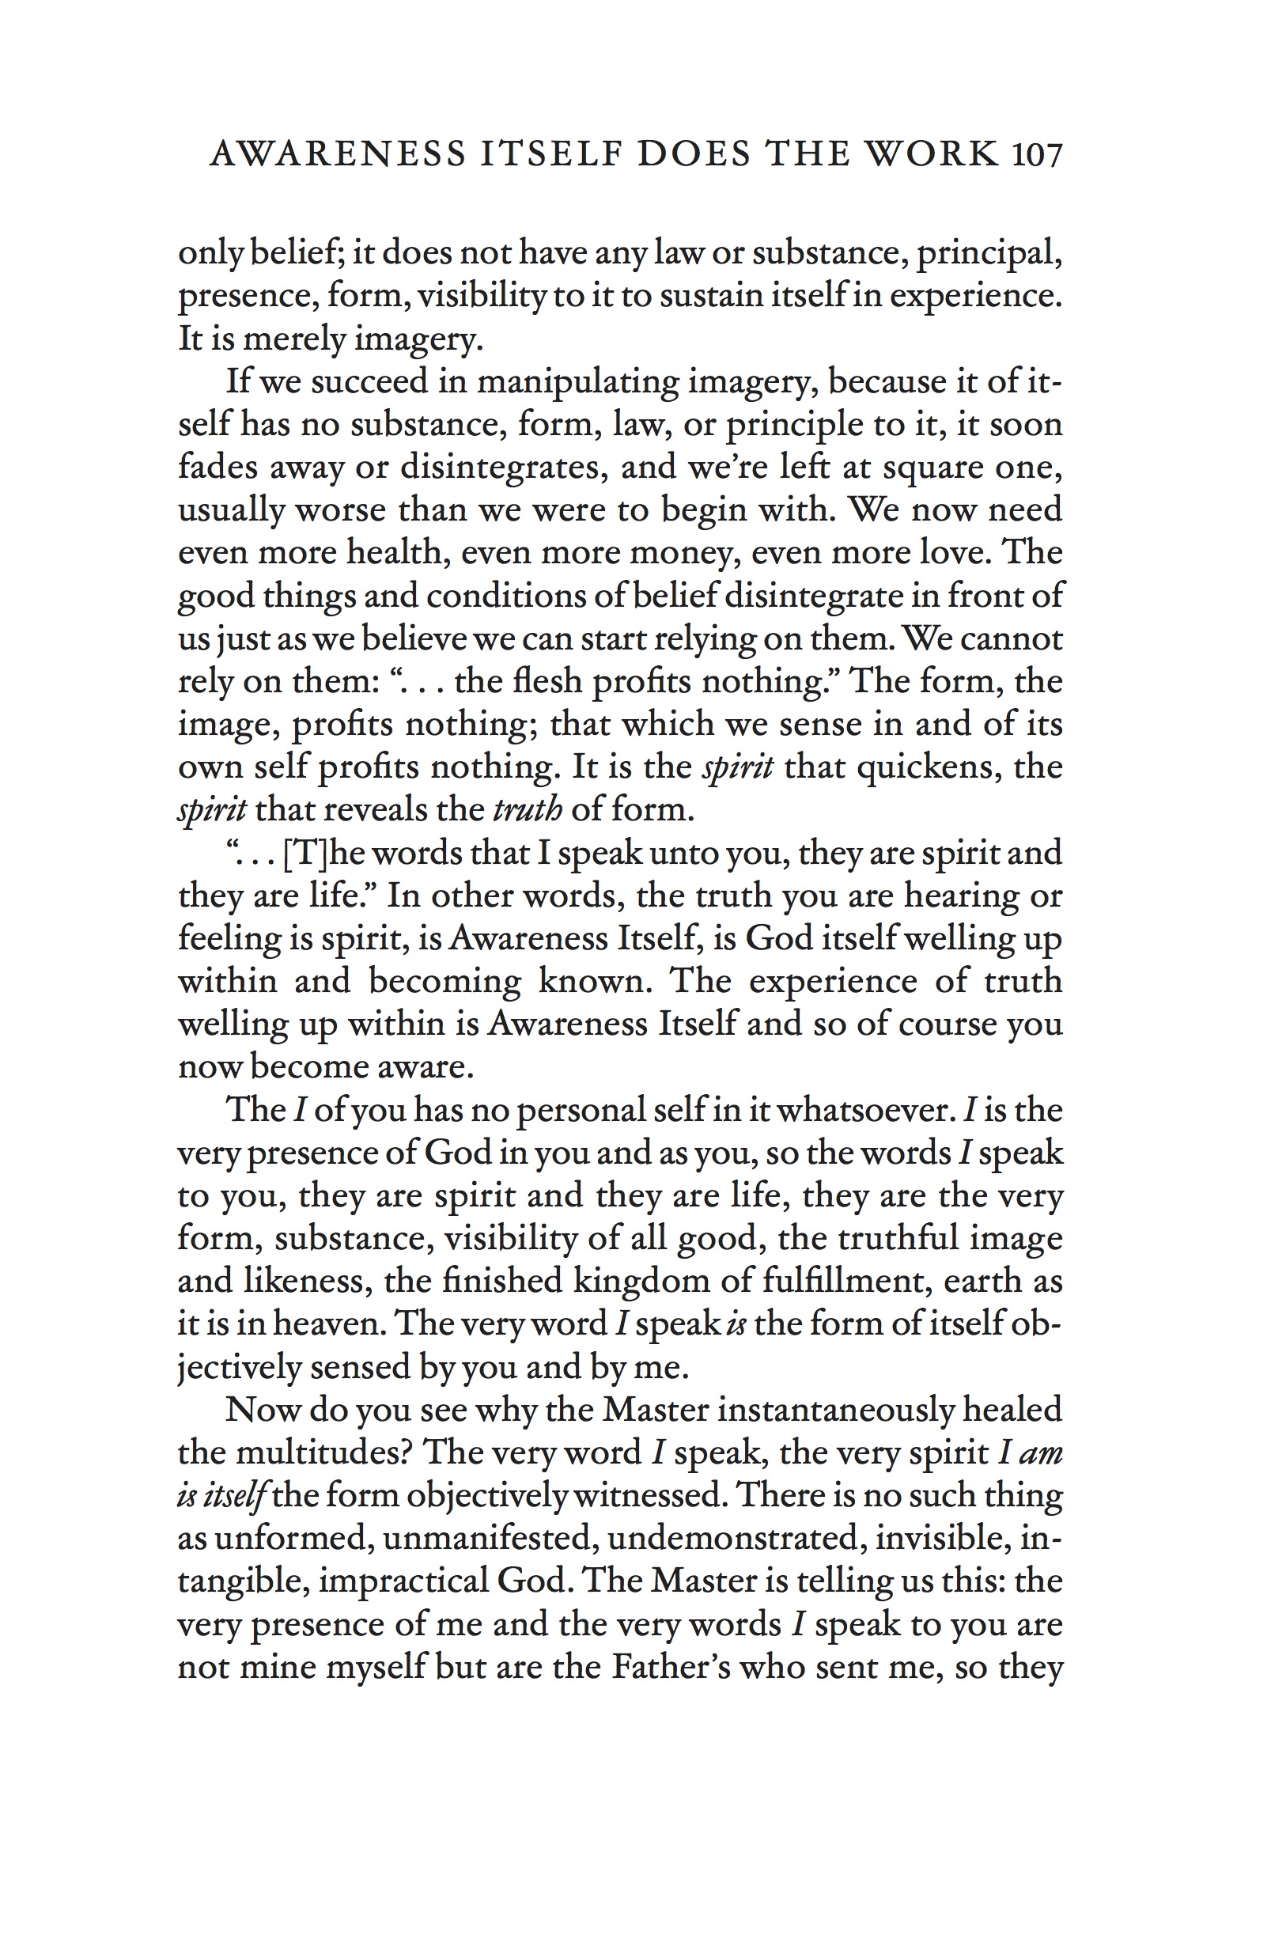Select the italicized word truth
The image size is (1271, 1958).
pyautogui.click(x=528, y=809)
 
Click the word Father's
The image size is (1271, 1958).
pyautogui.click(x=671, y=1667)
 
